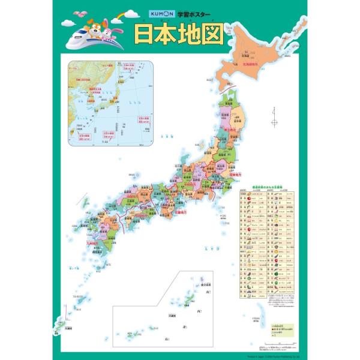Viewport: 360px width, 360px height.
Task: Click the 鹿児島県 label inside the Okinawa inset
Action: coord(206,284)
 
